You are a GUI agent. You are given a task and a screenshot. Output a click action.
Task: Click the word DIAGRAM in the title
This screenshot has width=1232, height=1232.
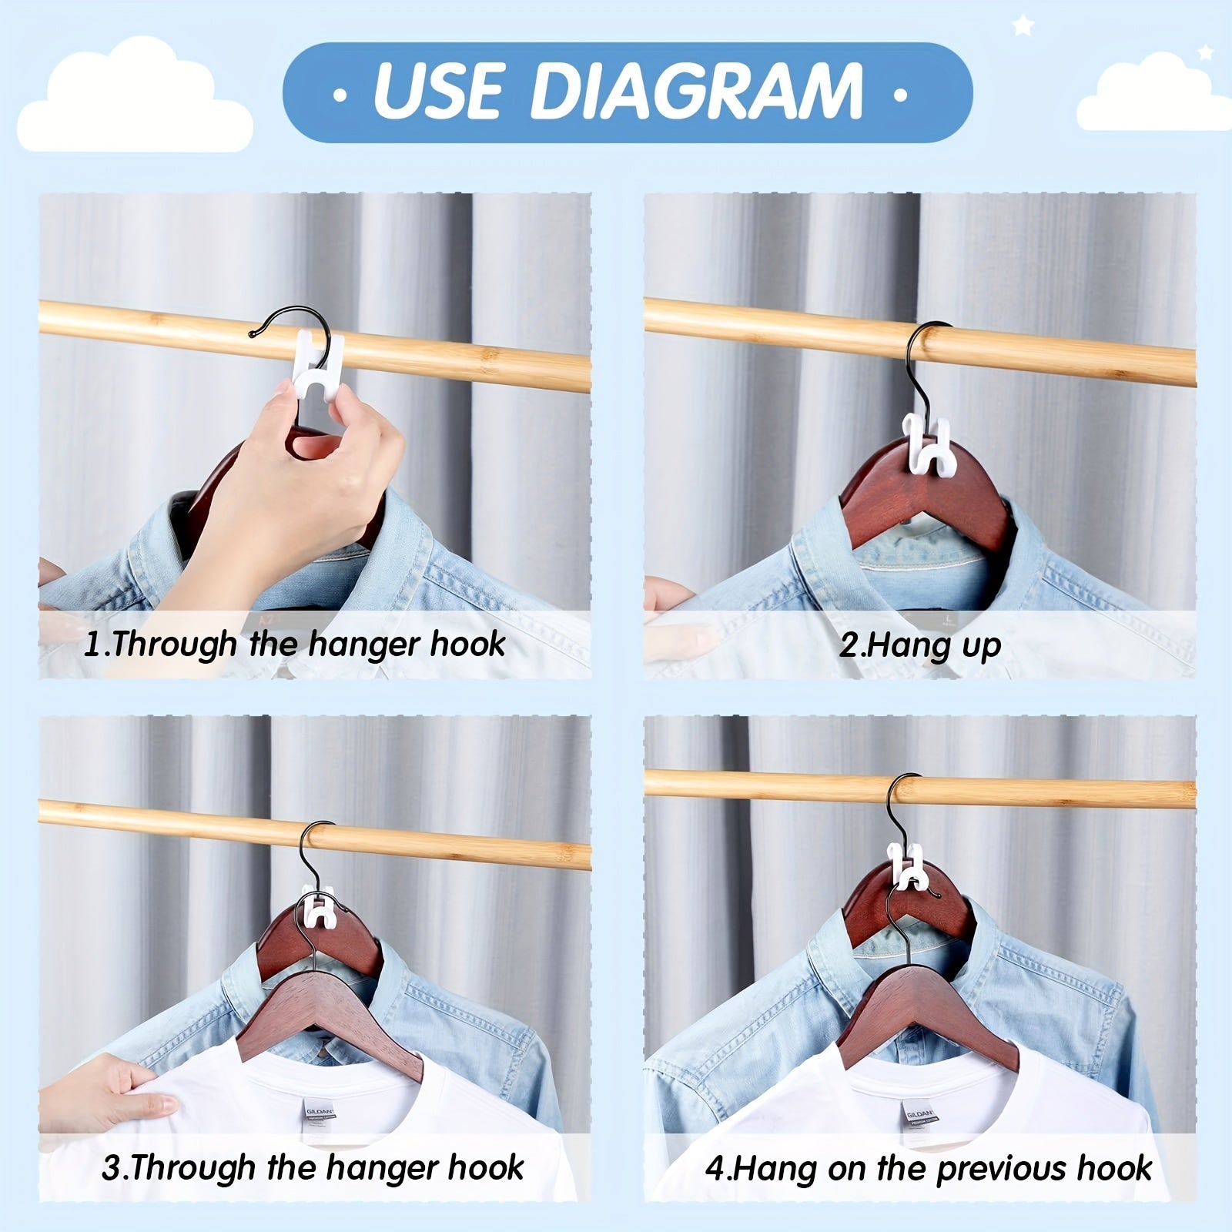coord(696,91)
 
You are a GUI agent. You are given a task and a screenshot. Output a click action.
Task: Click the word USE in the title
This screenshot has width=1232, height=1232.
coord(437,91)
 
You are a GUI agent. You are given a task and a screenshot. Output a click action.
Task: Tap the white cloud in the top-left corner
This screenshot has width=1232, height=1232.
coord(136,95)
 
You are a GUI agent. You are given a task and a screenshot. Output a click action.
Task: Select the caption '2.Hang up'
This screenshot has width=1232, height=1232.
coord(920,645)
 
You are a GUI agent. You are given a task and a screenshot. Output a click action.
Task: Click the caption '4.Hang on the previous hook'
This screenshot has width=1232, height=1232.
coord(929,1169)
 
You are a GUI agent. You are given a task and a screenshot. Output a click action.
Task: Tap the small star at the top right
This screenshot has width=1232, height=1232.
coord(1023,25)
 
